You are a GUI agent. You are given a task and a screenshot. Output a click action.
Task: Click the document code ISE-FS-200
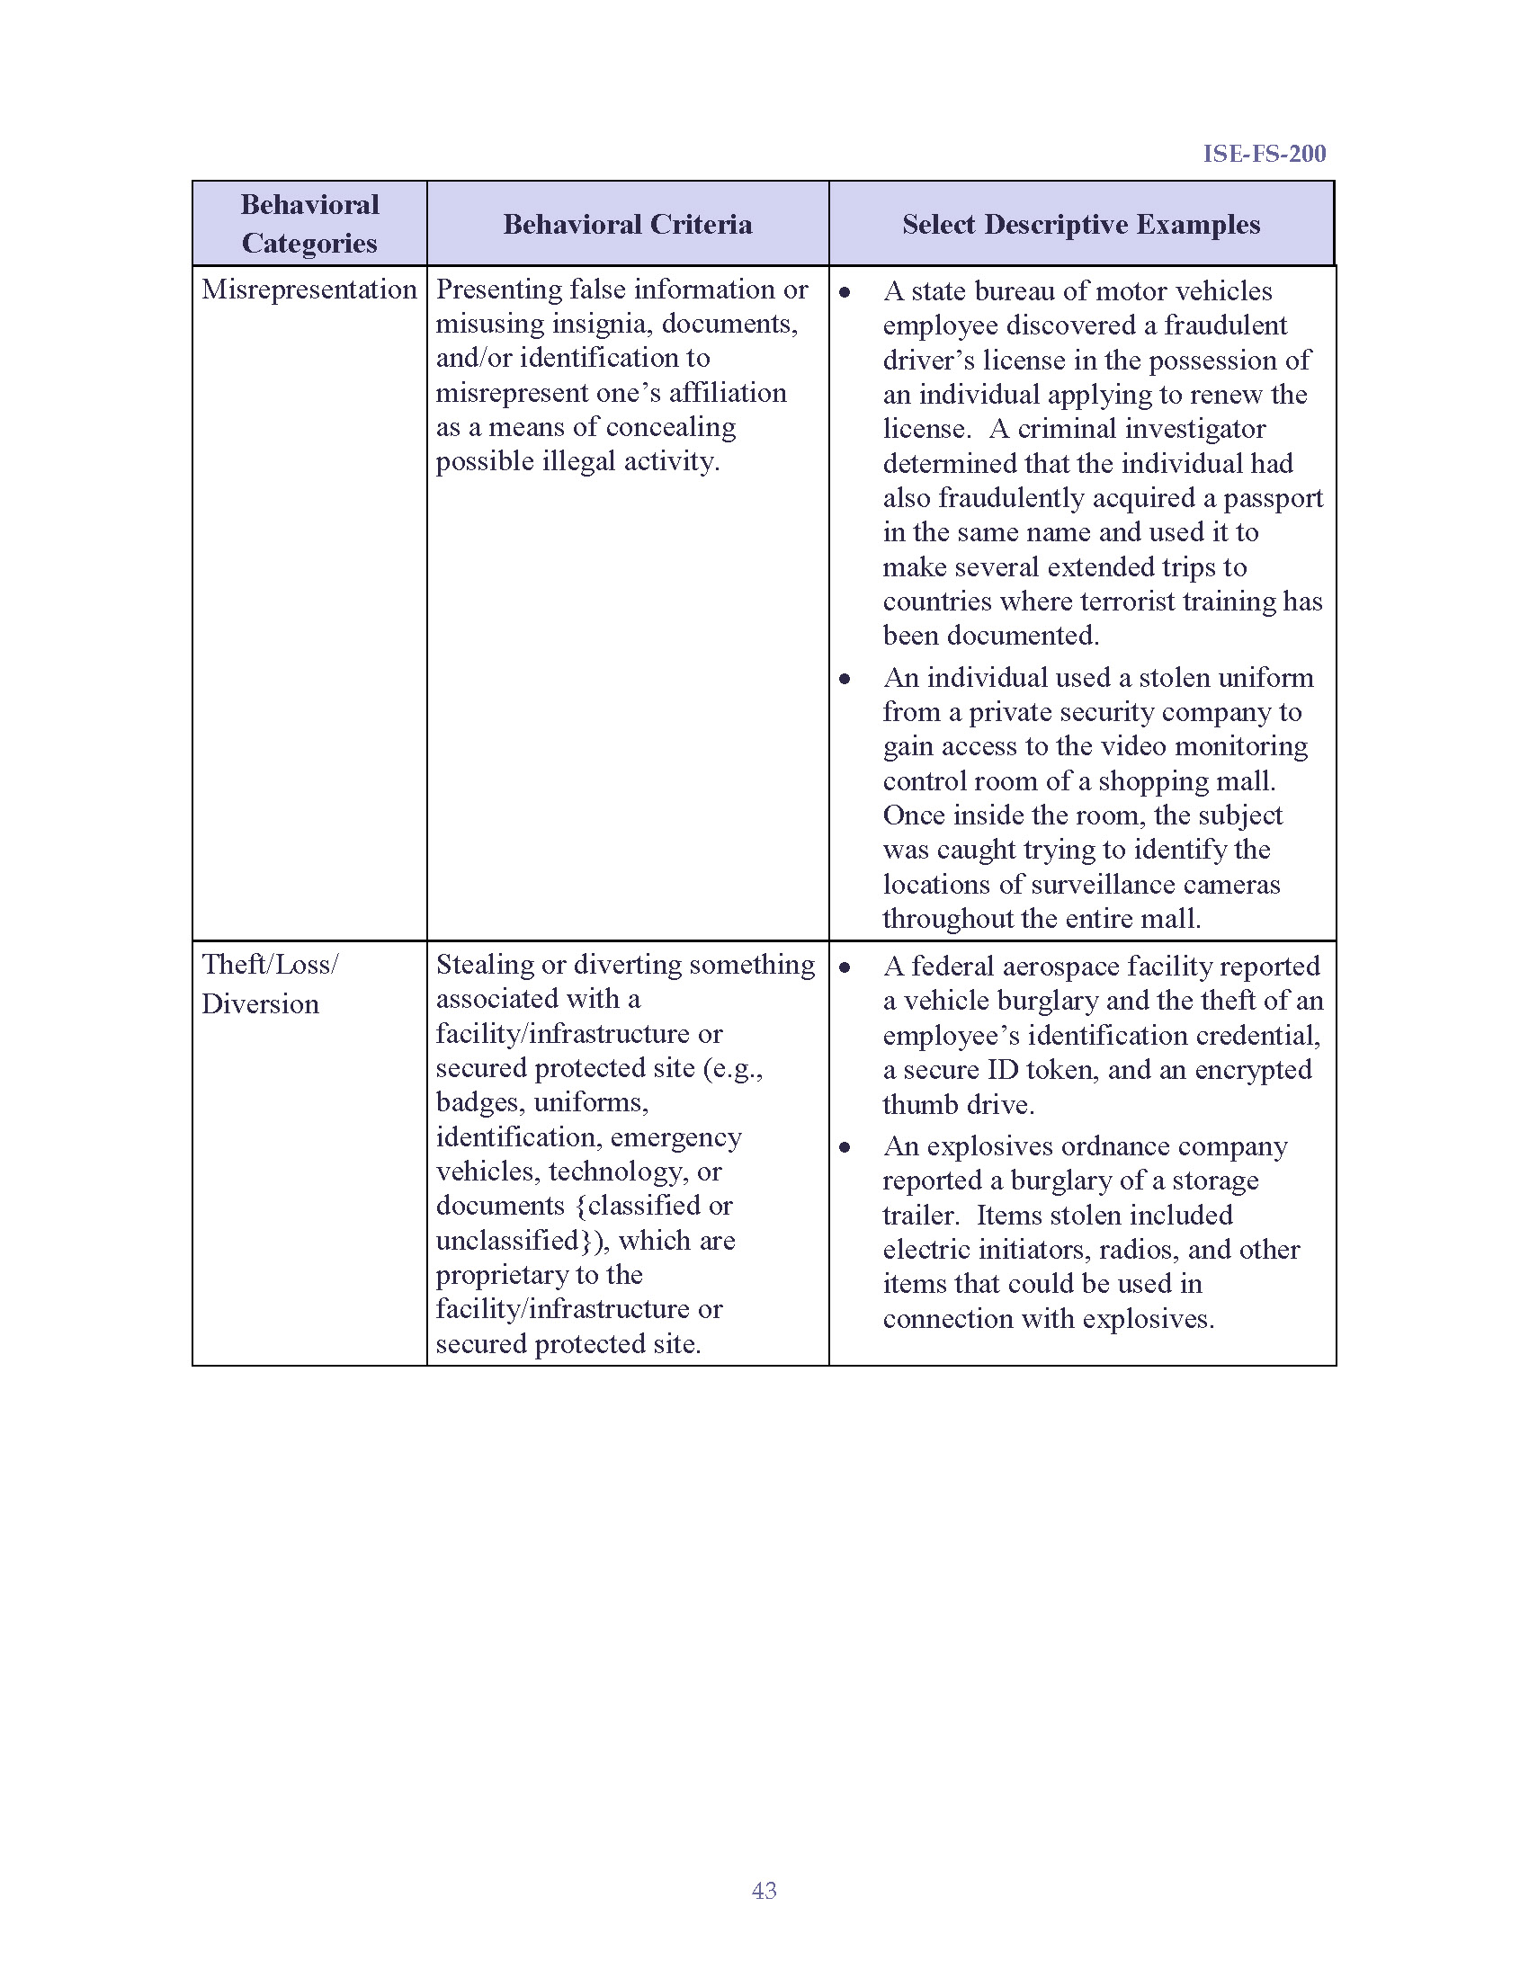(x=1264, y=153)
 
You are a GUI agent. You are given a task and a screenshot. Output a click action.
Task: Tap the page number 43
(x=764, y=1890)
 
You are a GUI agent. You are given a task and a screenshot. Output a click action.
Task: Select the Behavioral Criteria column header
(x=627, y=224)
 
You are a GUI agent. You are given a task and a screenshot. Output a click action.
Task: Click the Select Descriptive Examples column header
(x=1080, y=224)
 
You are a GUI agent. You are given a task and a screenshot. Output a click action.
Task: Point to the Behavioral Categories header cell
(x=308, y=224)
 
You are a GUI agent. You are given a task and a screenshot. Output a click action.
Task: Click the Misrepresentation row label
(x=308, y=290)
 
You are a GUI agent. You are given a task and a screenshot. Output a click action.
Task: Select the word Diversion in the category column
(x=260, y=1003)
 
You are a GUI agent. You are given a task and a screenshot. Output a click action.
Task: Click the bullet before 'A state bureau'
(x=845, y=292)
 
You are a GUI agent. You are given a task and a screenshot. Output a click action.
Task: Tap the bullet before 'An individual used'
(x=845, y=679)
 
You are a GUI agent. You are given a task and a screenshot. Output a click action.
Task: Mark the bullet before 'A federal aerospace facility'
(x=845, y=968)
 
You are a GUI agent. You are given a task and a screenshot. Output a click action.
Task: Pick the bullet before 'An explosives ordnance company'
(x=845, y=1148)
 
